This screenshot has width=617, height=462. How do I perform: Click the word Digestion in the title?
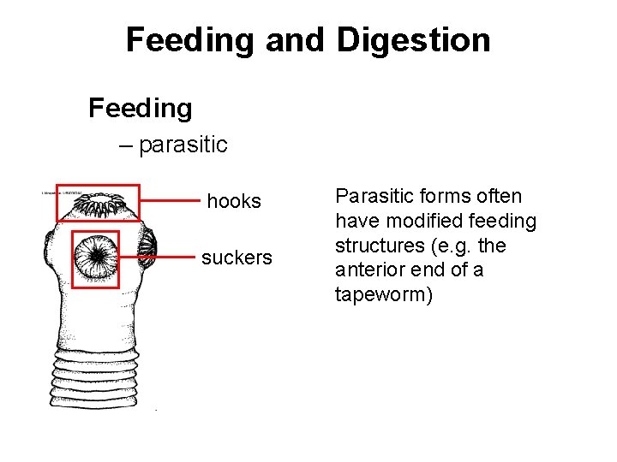pyautogui.click(x=413, y=40)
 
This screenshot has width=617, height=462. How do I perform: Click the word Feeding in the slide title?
pyautogui.click(x=190, y=40)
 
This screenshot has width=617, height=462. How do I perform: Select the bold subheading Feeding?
pyautogui.click(x=141, y=108)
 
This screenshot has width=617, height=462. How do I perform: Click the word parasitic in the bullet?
pyautogui.click(x=183, y=145)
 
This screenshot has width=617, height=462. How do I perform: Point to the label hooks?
pyautogui.click(x=234, y=201)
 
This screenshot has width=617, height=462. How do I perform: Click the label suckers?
pyautogui.click(x=237, y=258)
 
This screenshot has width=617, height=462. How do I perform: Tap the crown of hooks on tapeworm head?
pyautogui.click(x=97, y=204)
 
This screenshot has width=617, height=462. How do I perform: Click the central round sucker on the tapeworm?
pyautogui.click(x=95, y=257)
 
